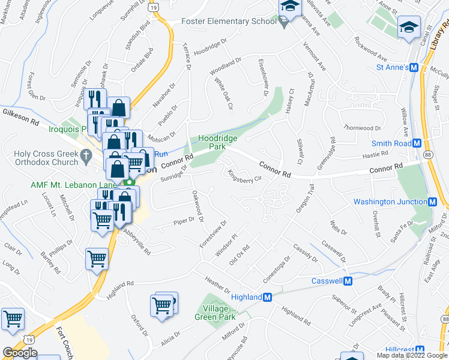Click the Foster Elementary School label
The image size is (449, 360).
pos(229,22)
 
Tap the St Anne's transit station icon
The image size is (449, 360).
pos(414,67)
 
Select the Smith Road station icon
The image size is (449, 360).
pos(425,143)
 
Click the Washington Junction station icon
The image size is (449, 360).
pos(433,202)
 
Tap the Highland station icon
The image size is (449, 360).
pos(268,297)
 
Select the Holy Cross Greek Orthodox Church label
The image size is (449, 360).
pos(40,158)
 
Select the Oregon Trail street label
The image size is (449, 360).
pos(305,199)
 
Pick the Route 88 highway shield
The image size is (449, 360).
pos(427,154)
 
